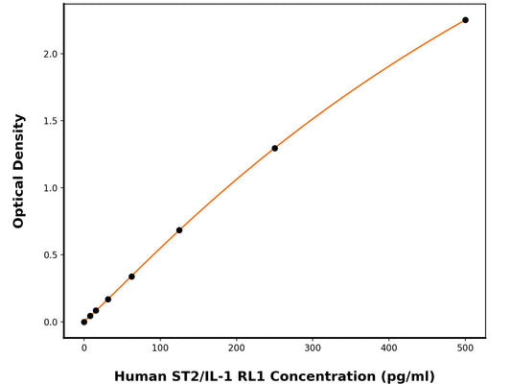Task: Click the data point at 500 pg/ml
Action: pos(465,20)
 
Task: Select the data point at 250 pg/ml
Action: pos(274,148)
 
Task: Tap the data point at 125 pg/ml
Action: pos(179,230)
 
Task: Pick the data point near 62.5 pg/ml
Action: pos(131,276)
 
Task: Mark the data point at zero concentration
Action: pos(84,322)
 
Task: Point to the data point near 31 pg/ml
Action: pos(107,300)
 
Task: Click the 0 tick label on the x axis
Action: pos(84,348)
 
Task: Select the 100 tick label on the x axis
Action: pos(160,348)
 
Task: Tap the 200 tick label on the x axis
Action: pos(237,348)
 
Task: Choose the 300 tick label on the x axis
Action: pos(313,348)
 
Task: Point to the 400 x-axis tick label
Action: pos(389,348)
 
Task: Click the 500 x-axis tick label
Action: pos(465,348)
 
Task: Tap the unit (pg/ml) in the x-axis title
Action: pos(407,375)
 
